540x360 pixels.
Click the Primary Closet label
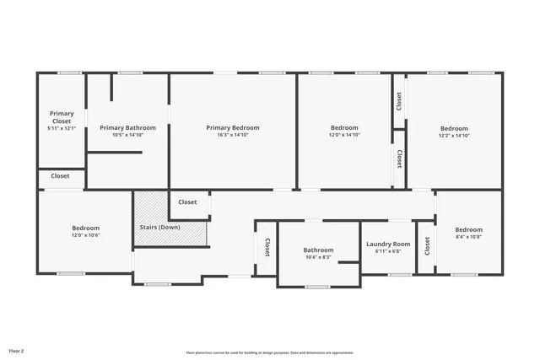pos(62,117)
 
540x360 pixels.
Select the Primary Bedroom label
pos(233,127)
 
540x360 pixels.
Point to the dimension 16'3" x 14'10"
pos(233,135)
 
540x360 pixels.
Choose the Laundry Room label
pos(388,244)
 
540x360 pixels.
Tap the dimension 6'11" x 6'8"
pos(388,251)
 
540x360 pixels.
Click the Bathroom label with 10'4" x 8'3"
pos(319,250)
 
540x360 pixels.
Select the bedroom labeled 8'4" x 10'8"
pos(468,229)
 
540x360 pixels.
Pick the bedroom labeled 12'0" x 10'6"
pos(85,228)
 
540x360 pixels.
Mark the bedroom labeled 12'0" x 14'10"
pos(344,127)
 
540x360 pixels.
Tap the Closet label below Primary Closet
pos(60,176)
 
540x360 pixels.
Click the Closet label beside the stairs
pos(187,202)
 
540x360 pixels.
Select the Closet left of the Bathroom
pos(267,248)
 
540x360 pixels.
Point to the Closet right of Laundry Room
pos(427,245)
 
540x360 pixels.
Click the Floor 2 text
pos(17,350)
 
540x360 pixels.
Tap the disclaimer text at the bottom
pos(270,352)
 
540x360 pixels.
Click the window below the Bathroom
pos(317,287)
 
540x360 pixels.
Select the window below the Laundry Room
pos(400,275)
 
